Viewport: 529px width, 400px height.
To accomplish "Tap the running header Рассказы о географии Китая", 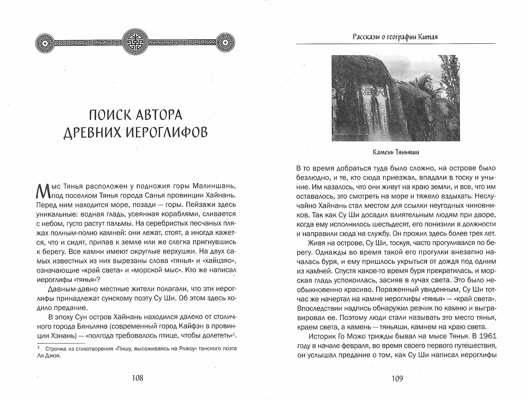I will coord(395,37).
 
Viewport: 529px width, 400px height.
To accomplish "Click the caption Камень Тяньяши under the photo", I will coord(396,152).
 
